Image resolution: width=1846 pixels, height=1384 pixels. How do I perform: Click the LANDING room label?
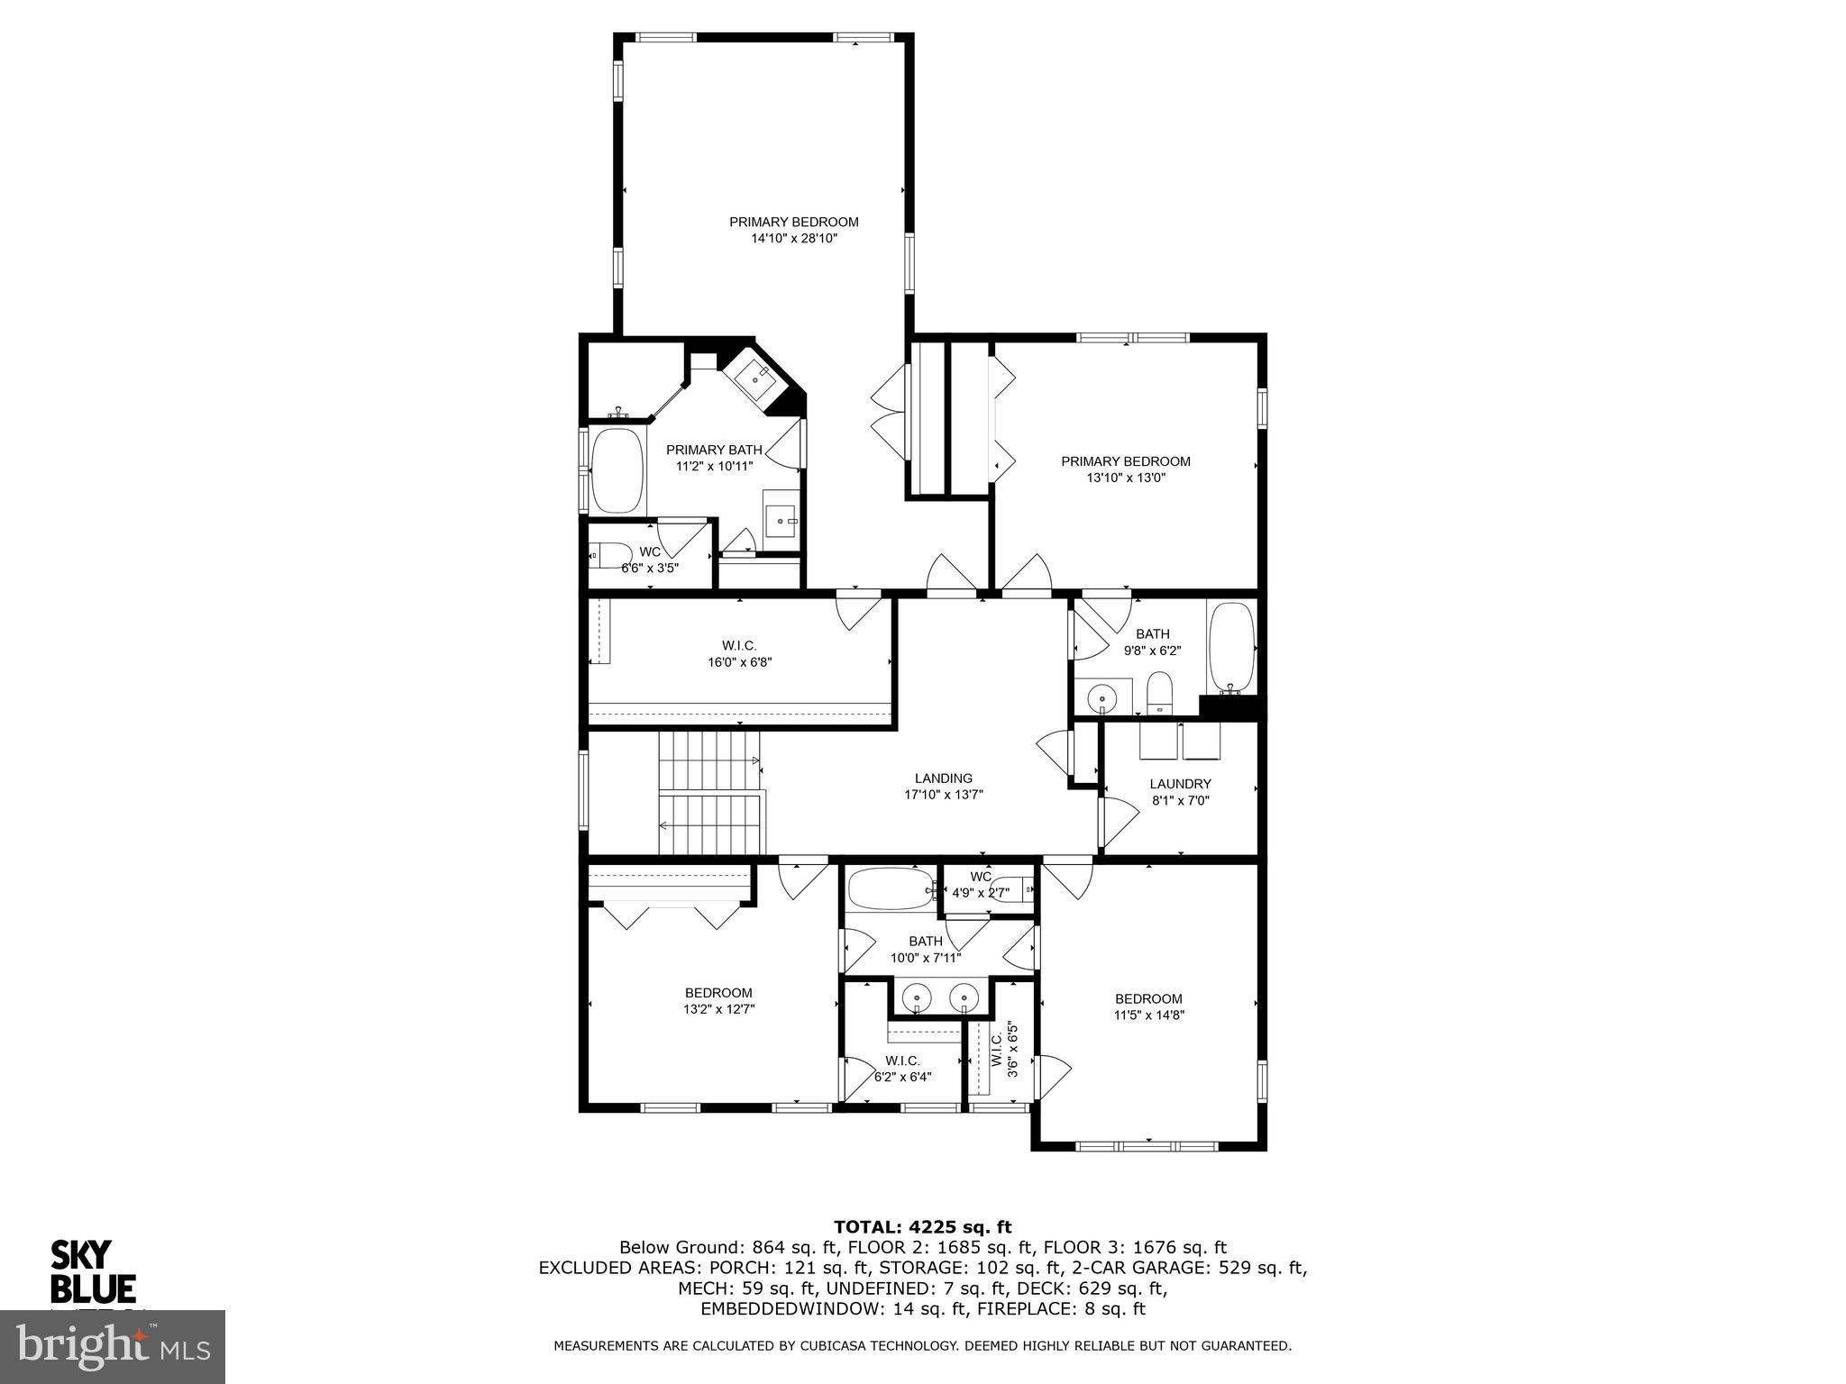click(x=943, y=778)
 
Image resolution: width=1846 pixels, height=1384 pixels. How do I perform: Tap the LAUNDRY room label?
click(x=1180, y=784)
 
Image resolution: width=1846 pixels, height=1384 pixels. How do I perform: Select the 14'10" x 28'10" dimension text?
click(x=794, y=239)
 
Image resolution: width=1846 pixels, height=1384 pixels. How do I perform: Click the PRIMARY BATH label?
click(x=714, y=450)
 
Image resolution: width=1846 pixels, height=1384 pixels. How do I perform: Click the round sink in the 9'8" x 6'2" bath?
click(x=1101, y=697)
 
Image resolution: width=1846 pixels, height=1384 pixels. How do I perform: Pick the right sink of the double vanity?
click(x=965, y=997)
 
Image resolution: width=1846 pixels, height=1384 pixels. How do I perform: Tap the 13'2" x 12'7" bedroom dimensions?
click(x=718, y=1009)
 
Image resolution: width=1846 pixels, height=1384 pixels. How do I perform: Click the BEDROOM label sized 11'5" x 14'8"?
click(x=1148, y=998)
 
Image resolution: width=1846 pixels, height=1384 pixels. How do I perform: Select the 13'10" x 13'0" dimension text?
click(x=1126, y=478)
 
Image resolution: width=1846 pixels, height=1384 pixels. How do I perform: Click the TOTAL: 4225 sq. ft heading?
click(x=922, y=1226)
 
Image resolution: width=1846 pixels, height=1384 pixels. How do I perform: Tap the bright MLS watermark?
click(x=113, y=1346)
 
